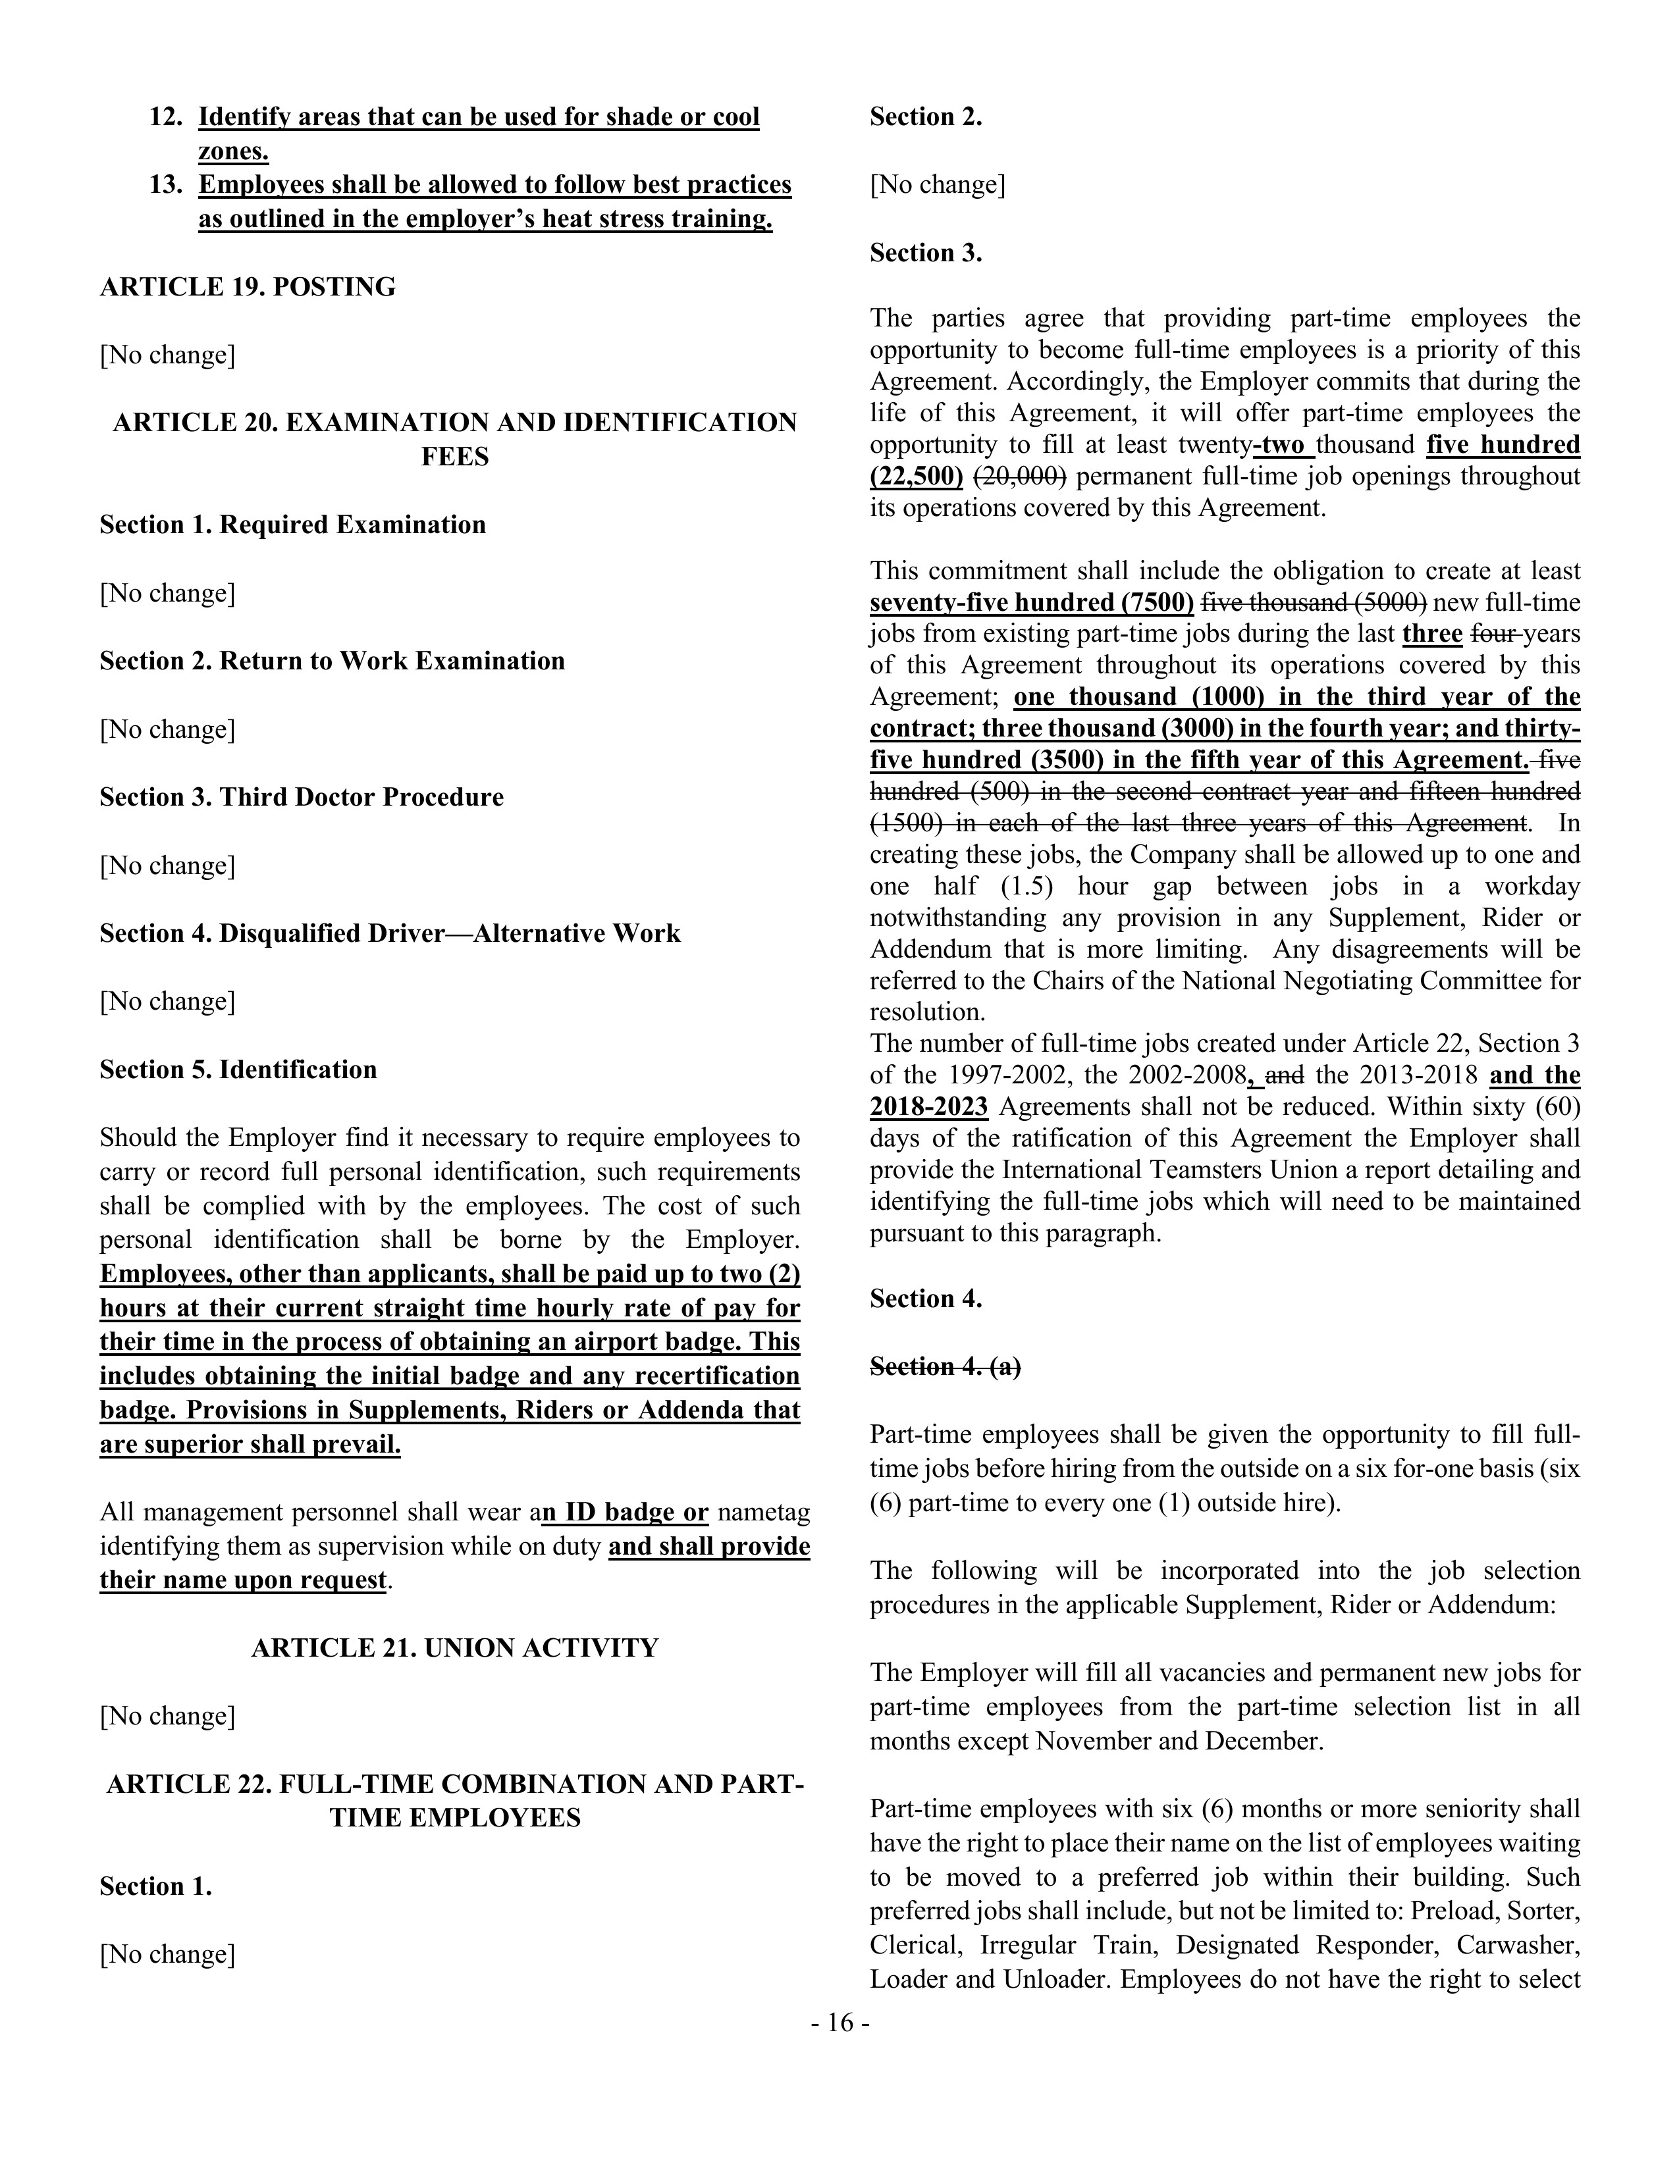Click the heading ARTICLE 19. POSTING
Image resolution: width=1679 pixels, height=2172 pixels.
coord(248,288)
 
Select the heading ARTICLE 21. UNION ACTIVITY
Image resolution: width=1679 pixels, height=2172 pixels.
coord(454,1648)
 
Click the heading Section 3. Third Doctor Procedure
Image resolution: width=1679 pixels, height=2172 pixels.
coord(302,798)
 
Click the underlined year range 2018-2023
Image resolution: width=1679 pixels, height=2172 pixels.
coord(928,1107)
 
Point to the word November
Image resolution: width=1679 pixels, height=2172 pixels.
coord(1091,1742)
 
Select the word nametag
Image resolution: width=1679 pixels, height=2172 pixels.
coord(763,1513)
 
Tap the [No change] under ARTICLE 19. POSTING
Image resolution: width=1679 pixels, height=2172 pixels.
coord(167,355)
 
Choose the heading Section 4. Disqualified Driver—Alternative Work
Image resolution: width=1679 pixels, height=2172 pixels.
coord(389,934)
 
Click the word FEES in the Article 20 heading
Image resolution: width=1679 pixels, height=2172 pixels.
coord(454,457)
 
